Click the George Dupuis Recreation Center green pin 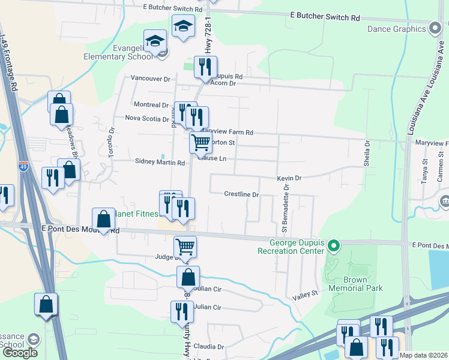tap(336, 245)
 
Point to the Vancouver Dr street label tap(151, 79)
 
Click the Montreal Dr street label tap(151, 104)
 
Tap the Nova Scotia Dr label tap(147, 118)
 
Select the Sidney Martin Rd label tap(160, 163)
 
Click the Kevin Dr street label tap(289, 178)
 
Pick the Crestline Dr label tap(241, 194)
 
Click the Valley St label tap(304, 294)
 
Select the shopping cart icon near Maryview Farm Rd tap(200, 142)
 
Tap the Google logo tap(20, 353)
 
